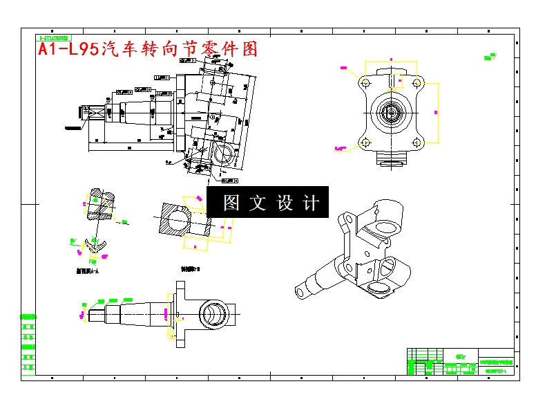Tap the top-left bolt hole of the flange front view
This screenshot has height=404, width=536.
coord(365,83)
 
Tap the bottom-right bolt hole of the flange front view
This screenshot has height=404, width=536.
coord(417,143)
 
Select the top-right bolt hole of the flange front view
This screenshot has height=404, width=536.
coord(417,83)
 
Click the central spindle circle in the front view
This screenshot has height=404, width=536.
coord(392,113)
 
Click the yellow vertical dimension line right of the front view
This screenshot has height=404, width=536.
coord(439,112)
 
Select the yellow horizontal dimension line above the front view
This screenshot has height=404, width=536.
coord(392,62)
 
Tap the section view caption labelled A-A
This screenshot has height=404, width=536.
coord(87,272)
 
